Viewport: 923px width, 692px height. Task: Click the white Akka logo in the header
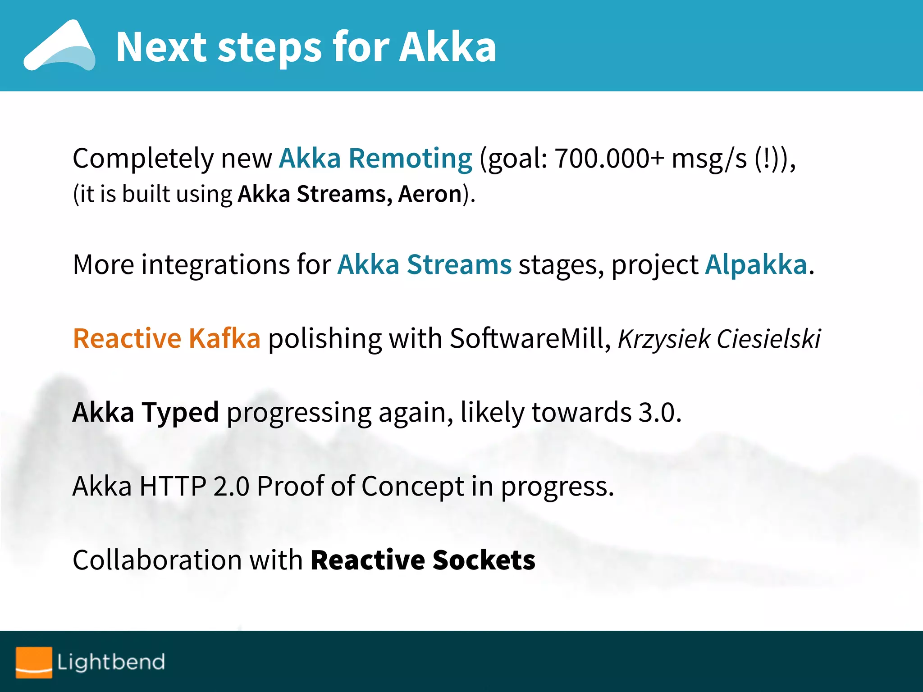[59, 46]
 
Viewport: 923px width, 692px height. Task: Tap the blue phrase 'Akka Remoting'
[375, 159]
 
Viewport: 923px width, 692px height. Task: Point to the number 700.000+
[609, 159]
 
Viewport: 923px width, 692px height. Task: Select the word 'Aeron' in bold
[430, 194]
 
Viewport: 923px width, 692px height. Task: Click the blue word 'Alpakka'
[756, 264]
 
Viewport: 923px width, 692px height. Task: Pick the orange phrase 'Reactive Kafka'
[167, 338]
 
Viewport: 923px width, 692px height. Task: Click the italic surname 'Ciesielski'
[769, 339]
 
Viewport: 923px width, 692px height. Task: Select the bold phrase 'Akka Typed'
[146, 412]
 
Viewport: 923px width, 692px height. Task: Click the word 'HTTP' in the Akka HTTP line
[173, 487]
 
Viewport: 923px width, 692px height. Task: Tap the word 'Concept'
[412, 487]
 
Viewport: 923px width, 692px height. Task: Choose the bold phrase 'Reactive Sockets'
[423, 560]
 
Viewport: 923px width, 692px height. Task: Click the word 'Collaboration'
[157, 560]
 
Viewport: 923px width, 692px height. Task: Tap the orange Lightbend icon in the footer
[34, 662]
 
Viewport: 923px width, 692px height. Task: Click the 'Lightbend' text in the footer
[111, 662]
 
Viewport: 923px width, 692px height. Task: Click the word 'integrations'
[215, 265]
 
